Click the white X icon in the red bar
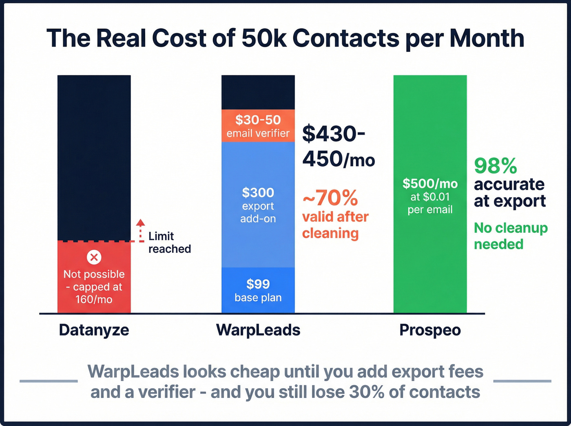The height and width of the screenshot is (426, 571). (94, 257)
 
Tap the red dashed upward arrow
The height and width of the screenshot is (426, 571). (140, 230)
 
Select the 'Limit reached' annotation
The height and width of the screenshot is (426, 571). (169, 242)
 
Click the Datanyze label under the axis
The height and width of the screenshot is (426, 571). (94, 330)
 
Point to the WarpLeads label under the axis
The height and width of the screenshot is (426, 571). (258, 330)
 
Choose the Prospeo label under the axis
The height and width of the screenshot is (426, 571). (430, 330)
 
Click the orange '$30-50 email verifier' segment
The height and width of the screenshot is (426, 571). (258, 126)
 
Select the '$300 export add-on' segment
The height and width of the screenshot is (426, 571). (258, 205)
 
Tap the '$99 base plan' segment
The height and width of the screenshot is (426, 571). (258, 290)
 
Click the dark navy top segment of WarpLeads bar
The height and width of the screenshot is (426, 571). (258, 92)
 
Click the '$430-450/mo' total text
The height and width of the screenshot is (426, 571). (338, 146)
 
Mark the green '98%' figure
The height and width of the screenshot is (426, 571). (496, 166)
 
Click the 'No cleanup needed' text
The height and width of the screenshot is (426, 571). (510, 236)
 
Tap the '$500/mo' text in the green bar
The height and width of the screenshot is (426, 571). (430, 183)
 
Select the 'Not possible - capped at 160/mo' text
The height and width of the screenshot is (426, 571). (94, 287)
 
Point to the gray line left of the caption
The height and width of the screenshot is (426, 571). (49, 381)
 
